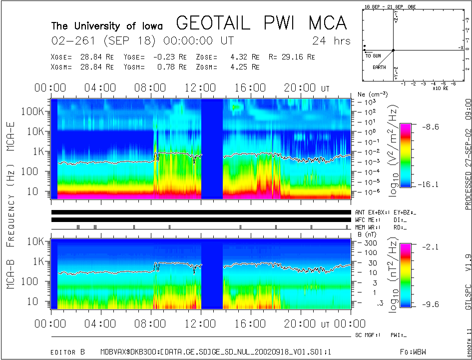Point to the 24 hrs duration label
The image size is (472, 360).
(331, 40)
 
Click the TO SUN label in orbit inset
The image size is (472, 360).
(373, 55)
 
